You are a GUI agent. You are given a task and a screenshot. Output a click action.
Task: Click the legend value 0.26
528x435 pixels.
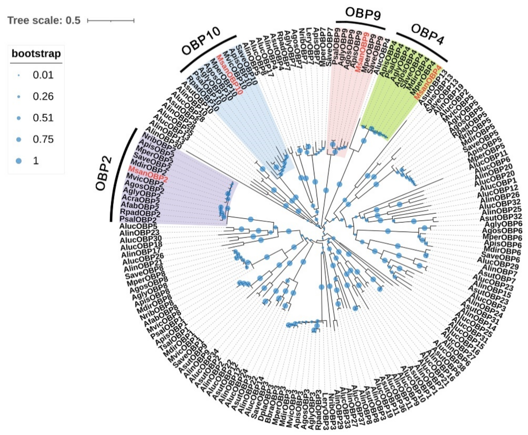pos(43,96)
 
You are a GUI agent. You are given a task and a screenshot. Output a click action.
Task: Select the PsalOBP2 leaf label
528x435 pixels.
pos(138,220)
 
